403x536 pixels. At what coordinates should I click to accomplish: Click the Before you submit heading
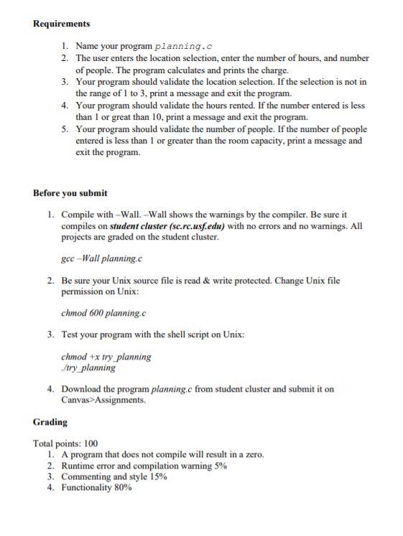pos(70,192)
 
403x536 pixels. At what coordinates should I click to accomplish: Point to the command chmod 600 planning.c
pos(103,313)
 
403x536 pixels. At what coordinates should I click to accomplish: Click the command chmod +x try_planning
pos(106,357)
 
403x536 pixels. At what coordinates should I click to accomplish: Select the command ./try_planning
pos(88,367)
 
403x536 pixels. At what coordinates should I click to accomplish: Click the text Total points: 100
pos(65,443)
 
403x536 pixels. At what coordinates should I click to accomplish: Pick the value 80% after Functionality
pos(123,487)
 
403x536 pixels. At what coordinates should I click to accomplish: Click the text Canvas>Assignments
pos(103,400)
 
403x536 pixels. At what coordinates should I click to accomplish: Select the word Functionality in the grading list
pos(86,487)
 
